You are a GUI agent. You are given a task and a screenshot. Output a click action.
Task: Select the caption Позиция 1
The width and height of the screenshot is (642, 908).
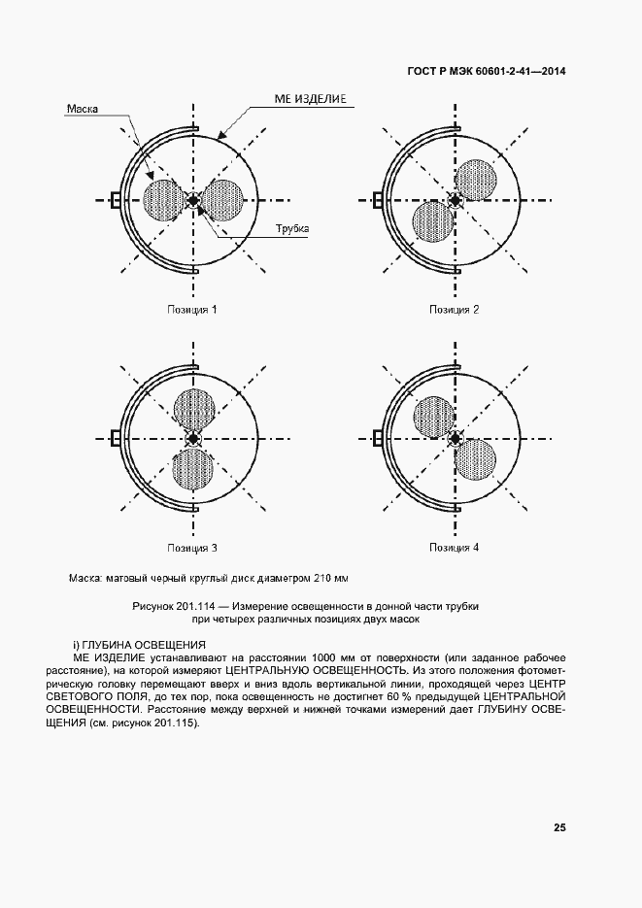tap(191, 310)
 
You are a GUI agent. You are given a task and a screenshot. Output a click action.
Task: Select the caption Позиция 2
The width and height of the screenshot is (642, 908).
tap(455, 310)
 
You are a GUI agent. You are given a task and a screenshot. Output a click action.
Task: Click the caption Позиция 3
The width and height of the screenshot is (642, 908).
tap(191, 549)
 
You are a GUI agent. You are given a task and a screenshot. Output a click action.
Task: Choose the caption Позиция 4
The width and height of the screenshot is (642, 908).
tap(455, 549)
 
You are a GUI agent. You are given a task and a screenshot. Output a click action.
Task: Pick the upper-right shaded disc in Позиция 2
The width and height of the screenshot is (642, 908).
tap(476, 180)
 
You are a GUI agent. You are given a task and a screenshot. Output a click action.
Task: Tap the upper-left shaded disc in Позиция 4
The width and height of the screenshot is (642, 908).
tap(434, 419)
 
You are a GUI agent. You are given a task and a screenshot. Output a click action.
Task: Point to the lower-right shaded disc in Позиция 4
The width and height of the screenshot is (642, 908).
tap(475, 460)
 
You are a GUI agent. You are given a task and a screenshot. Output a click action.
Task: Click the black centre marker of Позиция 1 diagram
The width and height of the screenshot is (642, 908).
tap(192, 201)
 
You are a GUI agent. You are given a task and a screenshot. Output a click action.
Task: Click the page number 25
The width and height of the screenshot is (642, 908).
tap(559, 827)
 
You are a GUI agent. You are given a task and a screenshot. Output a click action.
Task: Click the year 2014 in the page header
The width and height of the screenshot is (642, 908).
tap(550, 73)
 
